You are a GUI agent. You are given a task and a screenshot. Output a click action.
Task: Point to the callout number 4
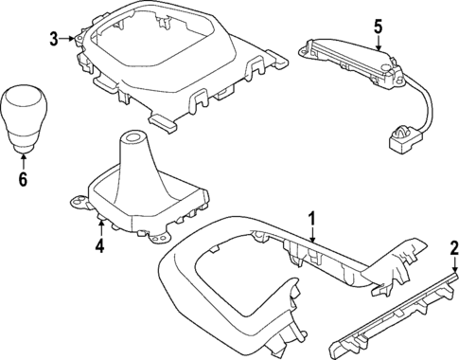[98, 248]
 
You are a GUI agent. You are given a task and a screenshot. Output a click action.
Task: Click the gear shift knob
[23, 112]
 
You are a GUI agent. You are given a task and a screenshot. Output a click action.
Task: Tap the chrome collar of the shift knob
[23, 141]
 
